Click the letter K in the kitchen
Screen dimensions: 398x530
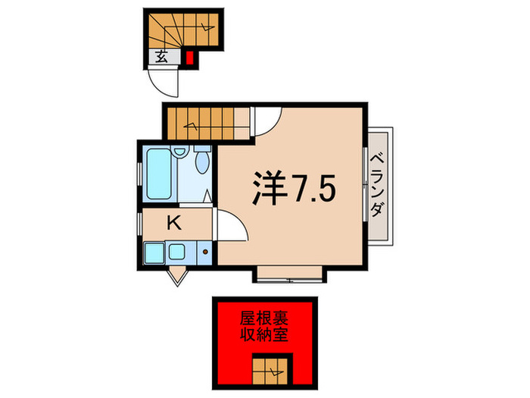coord(173,223)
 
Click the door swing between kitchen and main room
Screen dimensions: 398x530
coord(230,226)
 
